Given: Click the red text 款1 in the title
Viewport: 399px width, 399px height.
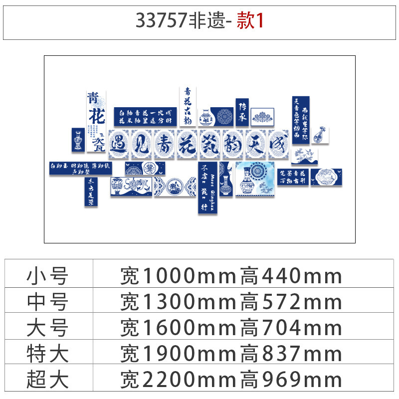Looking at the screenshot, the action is [x=249, y=21].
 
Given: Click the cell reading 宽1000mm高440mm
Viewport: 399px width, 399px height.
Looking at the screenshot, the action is [x=231, y=276].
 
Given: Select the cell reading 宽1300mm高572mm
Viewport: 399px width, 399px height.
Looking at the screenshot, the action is [x=231, y=302].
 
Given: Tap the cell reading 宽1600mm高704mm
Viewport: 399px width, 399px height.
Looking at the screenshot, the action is [x=231, y=328].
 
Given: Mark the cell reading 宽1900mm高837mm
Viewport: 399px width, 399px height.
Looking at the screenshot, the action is [x=231, y=354].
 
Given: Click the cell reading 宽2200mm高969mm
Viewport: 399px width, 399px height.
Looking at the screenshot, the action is [x=231, y=380].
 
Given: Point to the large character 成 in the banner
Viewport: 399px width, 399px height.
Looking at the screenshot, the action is [x=278, y=144].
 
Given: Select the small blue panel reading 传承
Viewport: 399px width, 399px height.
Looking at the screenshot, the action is [x=242, y=111].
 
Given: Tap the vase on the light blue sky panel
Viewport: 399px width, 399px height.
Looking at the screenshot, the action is [x=246, y=182].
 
